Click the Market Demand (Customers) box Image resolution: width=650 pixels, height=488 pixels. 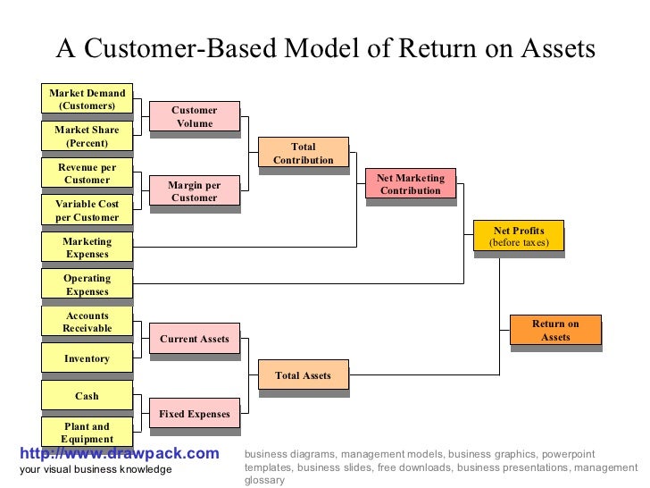click(87, 99)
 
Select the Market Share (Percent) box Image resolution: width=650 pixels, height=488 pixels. click(87, 137)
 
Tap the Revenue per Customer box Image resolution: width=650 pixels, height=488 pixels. click(87, 173)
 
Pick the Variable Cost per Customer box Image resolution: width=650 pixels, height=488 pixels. click(87, 210)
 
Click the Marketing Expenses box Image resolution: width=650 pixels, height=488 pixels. click(87, 248)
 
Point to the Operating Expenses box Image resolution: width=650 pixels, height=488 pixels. click(87, 284)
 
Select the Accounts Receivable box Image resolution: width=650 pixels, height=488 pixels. click(87, 322)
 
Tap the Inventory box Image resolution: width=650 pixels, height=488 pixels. click(87, 358)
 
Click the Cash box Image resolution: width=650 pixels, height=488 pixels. click(87, 396)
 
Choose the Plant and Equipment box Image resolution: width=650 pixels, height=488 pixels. click(87, 433)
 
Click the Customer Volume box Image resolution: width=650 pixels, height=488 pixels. click(194, 117)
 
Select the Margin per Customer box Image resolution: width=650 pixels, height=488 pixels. click(194, 191)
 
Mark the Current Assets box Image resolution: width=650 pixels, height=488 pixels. click(194, 339)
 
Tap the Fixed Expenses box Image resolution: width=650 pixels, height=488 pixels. click(194, 414)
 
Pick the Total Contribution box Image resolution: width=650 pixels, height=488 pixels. click(303, 154)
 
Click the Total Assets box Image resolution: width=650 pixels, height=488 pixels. click(303, 375)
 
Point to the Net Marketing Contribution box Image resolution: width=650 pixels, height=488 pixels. click(411, 184)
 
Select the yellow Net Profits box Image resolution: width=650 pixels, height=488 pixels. click(518, 237)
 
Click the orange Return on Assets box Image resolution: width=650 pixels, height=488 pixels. click(554, 330)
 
